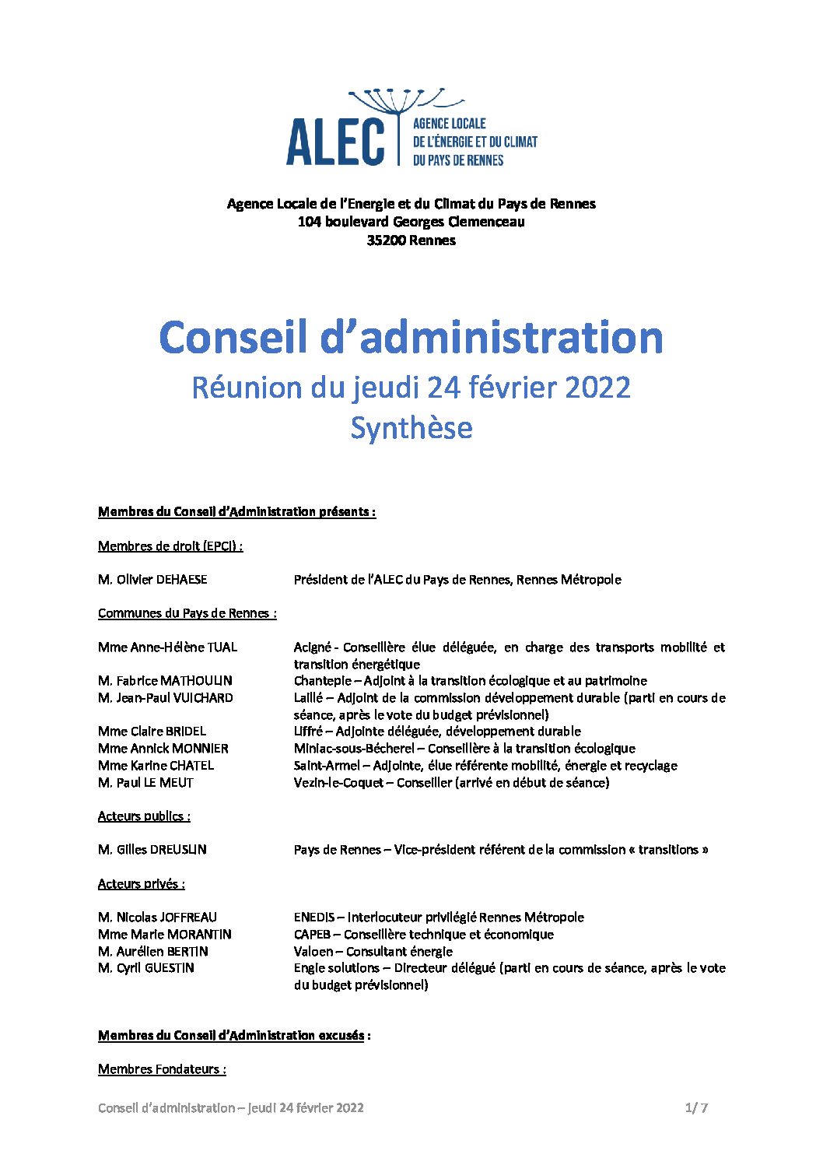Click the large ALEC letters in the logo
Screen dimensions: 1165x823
click(335, 142)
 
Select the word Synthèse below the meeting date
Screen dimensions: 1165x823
click(411, 428)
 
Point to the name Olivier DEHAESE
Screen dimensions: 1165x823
click(162, 580)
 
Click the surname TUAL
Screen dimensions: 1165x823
click(222, 647)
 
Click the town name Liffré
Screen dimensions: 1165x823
click(308, 732)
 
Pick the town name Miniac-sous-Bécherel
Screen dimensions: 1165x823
click(354, 749)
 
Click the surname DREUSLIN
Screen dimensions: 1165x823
click(178, 850)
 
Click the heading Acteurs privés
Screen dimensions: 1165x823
click(141, 884)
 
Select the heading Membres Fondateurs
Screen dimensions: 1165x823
click(161, 1069)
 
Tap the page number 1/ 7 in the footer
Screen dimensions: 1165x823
click(696, 1108)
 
